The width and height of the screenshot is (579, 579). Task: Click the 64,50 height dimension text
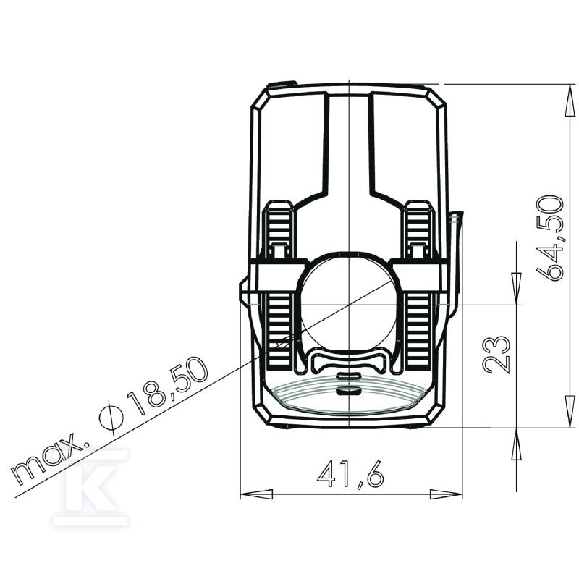click(550, 238)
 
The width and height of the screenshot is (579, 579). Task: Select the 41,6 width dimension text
click(350, 474)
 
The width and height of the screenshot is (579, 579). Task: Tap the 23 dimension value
click(496, 355)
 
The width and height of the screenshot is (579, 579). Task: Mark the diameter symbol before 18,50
click(111, 418)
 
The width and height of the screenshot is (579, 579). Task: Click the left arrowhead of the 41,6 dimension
click(257, 494)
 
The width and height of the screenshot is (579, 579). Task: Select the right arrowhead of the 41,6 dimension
click(446, 494)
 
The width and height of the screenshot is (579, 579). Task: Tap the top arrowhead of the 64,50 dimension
click(570, 100)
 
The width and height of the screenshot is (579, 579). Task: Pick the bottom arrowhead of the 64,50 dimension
click(570, 412)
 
